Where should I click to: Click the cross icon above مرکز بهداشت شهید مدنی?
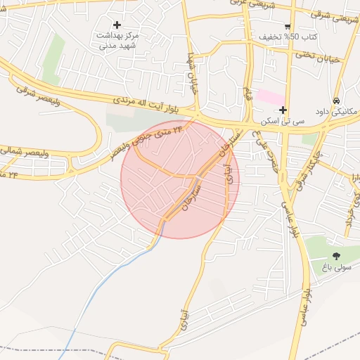(x=117, y=25)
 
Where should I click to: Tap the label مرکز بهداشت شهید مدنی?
(x=117, y=40)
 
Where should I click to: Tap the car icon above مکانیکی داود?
(x=337, y=101)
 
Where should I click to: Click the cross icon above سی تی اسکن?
(x=283, y=110)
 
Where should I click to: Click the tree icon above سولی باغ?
(x=335, y=256)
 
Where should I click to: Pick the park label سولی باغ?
(x=335, y=267)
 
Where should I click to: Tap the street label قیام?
(x=247, y=91)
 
